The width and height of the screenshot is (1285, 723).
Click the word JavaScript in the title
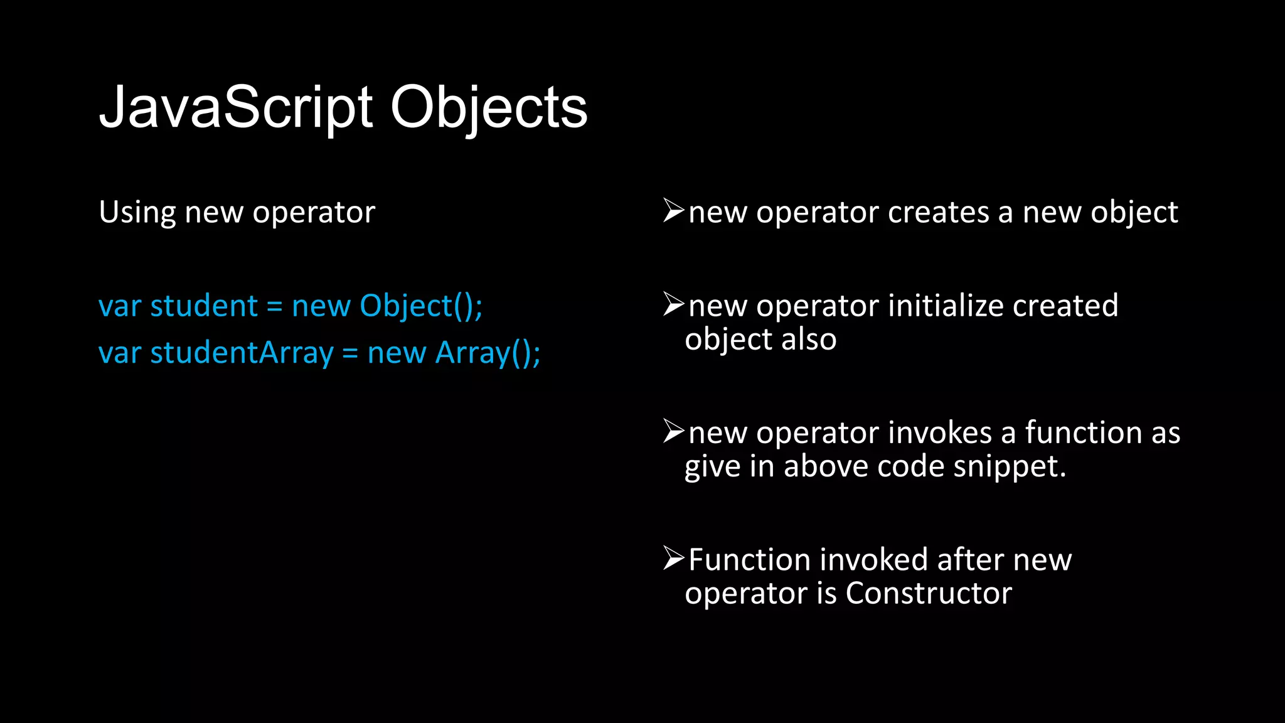[x=237, y=108]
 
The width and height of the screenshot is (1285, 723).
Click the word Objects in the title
[x=489, y=108]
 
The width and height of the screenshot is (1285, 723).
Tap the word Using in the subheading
[x=137, y=213]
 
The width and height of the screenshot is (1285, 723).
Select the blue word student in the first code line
[x=204, y=306]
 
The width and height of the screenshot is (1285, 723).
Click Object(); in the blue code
[x=421, y=306]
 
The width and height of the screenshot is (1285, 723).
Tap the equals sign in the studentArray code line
[x=350, y=354]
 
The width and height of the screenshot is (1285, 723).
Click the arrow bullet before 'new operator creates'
[x=673, y=211]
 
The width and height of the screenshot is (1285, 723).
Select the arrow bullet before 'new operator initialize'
[x=673, y=304]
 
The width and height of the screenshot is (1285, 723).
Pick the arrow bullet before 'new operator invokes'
[x=673, y=431]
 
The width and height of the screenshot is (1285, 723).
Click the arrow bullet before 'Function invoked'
[x=673, y=558]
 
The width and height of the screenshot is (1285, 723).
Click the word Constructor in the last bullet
[x=929, y=593]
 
